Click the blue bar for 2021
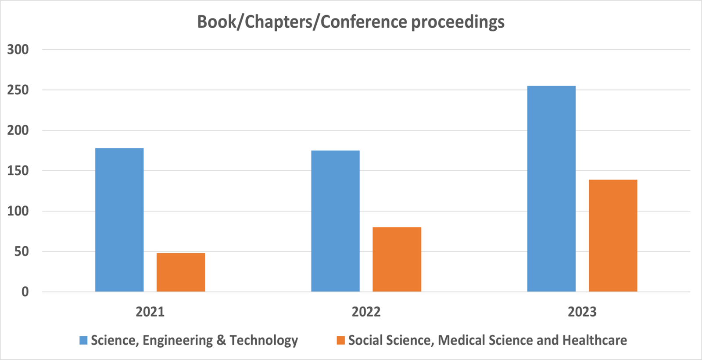[119, 220]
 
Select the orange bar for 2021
[181, 272]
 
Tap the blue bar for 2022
[335, 221]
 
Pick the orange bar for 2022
[397, 259]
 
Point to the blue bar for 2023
[551, 189]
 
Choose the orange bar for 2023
[612, 236]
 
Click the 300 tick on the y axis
[18, 50]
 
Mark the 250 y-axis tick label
[18, 90]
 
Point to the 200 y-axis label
[18, 130]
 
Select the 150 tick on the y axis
[18, 171]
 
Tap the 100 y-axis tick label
[18, 211]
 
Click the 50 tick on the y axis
[21, 252]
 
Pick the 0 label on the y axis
[25, 292]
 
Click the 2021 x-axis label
[150, 312]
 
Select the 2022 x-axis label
[366, 312]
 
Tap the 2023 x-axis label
[582, 312]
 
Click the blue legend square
[83, 340]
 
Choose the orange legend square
[340, 340]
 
